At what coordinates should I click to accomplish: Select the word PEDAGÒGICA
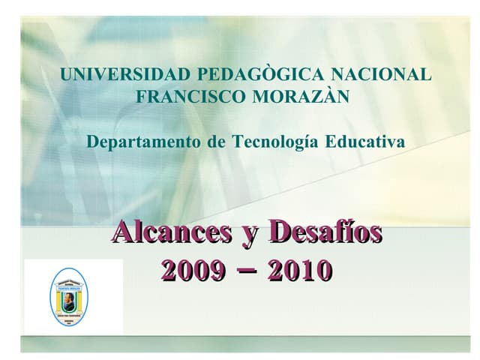pyautogui.click(x=238, y=75)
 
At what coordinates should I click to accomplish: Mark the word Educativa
pyautogui.click(x=364, y=142)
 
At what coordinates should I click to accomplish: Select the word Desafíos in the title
pyautogui.click(x=325, y=232)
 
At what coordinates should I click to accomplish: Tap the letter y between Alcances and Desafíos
pyautogui.click(x=247, y=235)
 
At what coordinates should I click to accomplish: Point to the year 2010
pyautogui.click(x=301, y=268)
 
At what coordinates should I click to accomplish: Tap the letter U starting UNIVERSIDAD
pyautogui.click(x=67, y=75)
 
